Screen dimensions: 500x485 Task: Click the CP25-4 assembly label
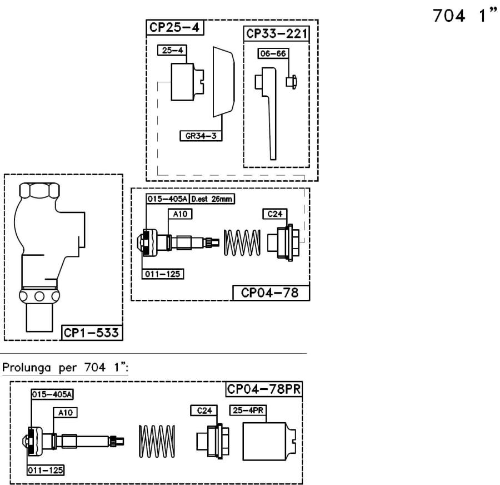pos(175,27)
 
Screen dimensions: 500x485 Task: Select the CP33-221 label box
pos(277,34)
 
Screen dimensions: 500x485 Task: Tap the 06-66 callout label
pos(273,53)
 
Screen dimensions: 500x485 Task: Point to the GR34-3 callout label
pos(201,136)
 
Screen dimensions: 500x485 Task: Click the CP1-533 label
pos(92,333)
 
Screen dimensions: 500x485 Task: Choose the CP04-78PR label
pos(264,389)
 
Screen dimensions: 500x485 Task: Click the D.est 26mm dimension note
pos(212,199)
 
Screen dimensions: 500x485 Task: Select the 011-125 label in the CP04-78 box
pos(163,274)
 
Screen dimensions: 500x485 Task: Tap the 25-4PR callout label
pos(248,410)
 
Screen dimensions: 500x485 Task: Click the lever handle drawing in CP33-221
pos(266,113)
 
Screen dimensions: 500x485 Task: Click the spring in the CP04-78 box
pos(242,242)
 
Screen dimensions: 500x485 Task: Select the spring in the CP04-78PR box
pos(157,441)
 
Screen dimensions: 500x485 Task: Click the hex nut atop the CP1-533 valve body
pos(39,191)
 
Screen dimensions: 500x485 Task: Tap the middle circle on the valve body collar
pos(39,296)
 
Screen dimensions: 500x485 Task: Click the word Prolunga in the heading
pos(27,368)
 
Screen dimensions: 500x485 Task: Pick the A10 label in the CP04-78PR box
pos(65,413)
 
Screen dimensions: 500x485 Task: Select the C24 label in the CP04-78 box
pos(275,214)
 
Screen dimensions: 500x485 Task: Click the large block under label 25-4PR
pos(269,442)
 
